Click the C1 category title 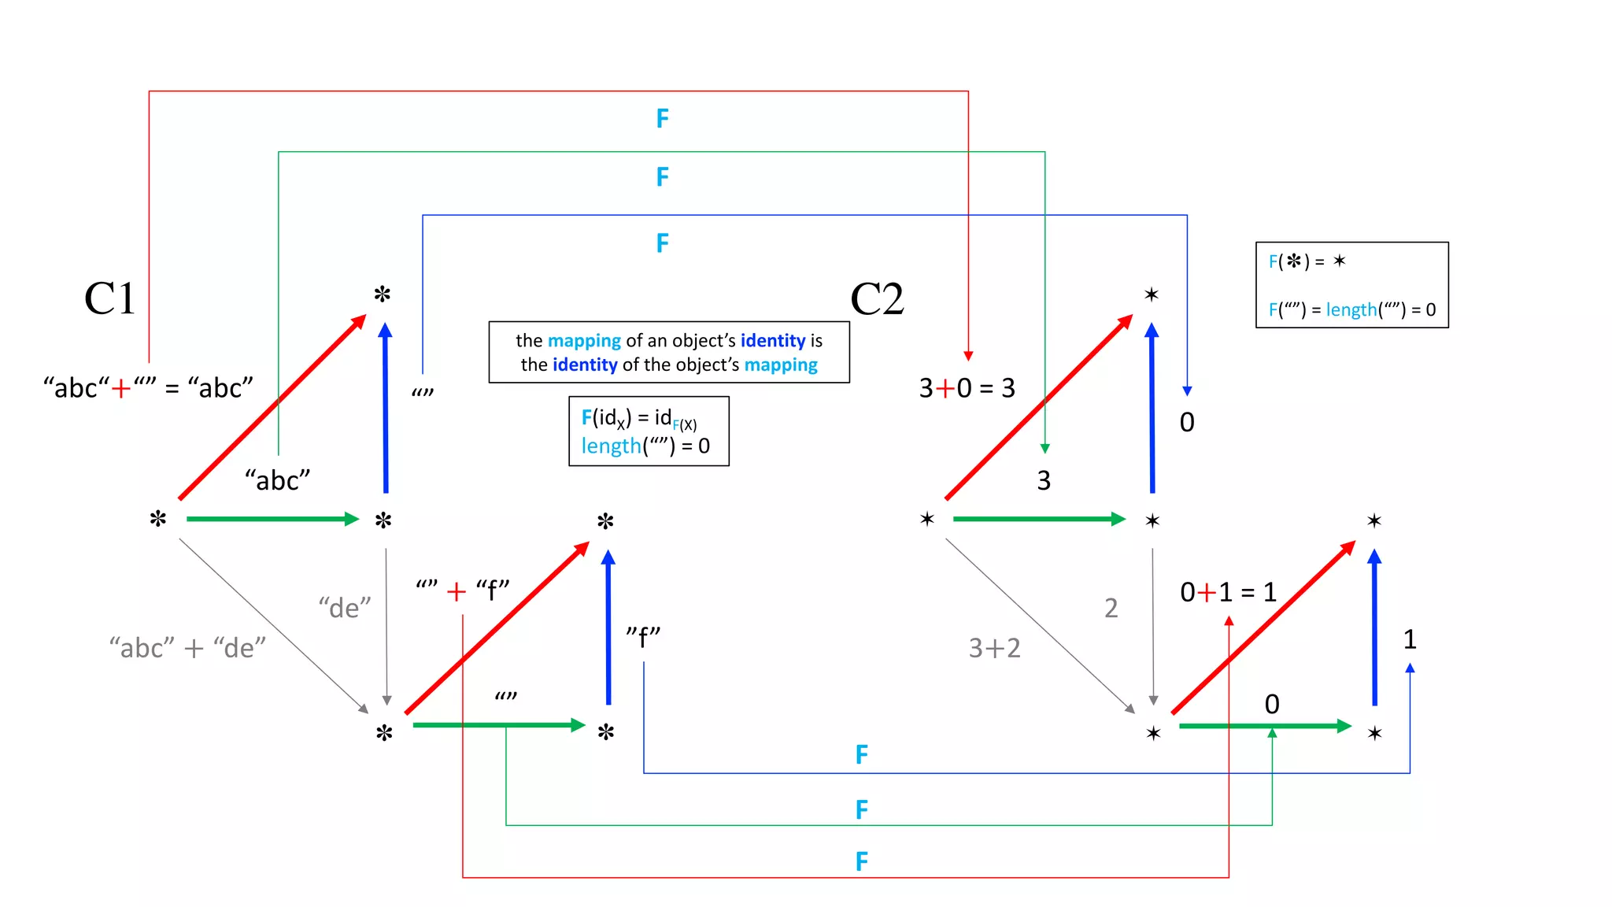109,299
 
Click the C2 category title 877,299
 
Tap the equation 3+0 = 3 967,388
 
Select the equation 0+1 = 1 1228,592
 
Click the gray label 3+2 994,648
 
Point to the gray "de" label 344,608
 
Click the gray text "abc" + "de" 187,648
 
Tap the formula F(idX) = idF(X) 638,418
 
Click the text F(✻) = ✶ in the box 1307,261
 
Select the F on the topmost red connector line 663,119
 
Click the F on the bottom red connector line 862,861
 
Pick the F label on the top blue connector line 663,242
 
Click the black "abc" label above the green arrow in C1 277,480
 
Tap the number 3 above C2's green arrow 1044,480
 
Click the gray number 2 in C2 1111,608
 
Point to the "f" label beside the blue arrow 643,637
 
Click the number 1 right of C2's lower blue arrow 1410,639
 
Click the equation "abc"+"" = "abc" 148,388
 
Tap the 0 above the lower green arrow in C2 1272,704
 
